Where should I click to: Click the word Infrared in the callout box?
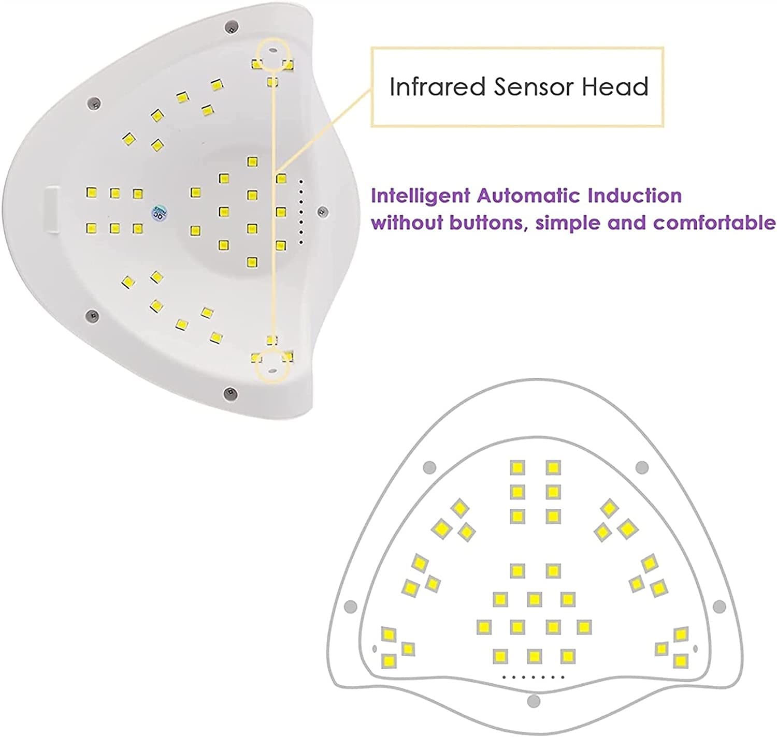437,86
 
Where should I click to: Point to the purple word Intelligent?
421,196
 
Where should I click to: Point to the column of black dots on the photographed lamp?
301,212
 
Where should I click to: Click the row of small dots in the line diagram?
533,677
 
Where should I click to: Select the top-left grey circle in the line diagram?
429,467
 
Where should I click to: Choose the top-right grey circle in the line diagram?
642,467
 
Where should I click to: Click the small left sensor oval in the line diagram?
375,648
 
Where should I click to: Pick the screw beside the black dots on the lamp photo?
323,210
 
